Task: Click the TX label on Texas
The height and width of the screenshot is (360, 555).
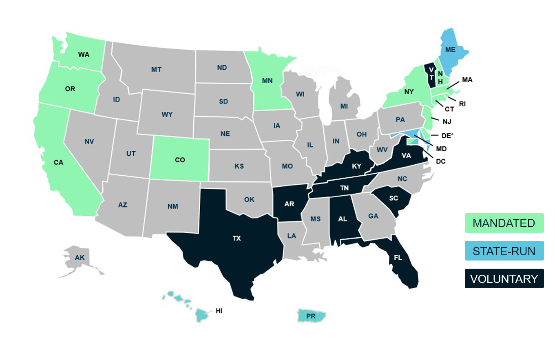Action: point(237,239)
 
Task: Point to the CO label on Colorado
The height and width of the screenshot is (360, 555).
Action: point(180,160)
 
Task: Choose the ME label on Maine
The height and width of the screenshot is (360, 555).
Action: point(450,50)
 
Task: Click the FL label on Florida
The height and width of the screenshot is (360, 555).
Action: point(398,258)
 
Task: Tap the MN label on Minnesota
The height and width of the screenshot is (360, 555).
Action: point(267,80)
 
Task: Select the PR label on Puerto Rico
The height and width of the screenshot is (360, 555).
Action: point(311,316)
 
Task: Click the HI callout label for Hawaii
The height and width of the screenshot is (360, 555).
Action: point(219,311)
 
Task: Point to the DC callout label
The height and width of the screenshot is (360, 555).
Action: point(440,161)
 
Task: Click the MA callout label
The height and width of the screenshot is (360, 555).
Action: point(467,80)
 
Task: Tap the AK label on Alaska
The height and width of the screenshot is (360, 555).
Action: point(80,257)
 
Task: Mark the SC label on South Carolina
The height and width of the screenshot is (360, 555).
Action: point(394,198)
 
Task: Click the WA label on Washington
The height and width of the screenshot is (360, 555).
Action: point(84,54)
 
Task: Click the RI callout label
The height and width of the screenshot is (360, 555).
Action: point(462,104)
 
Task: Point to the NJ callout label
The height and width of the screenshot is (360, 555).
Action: point(447,121)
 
